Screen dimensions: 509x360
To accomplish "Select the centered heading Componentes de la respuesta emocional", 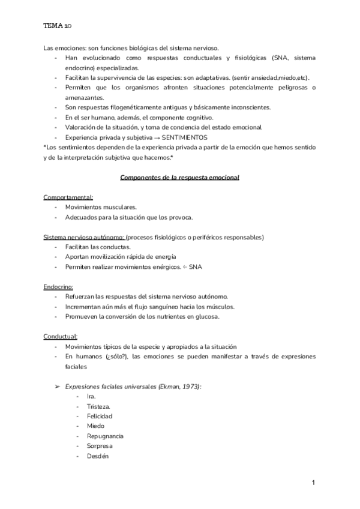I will click(180, 178).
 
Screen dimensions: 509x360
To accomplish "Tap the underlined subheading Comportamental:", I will click(68, 197).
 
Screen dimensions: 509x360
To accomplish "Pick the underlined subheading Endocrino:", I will click(58, 287).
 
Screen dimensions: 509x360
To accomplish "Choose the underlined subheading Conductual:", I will click(61, 336).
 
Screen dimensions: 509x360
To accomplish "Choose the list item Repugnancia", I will click(106, 436).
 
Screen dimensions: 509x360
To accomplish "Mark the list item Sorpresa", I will click(100, 446).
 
